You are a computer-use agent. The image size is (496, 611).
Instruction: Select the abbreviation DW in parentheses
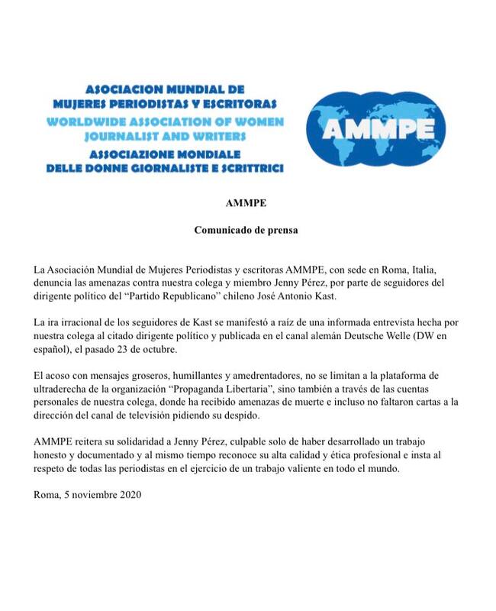click(x=437, y=338)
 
